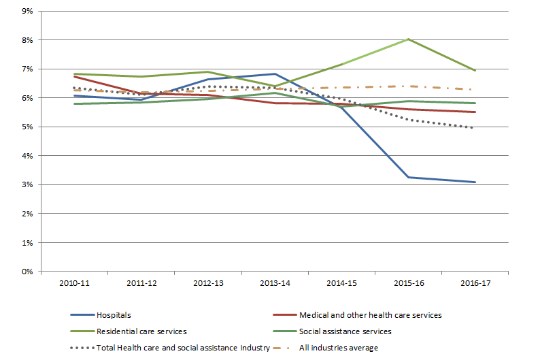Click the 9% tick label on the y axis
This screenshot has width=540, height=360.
tap(27, 12)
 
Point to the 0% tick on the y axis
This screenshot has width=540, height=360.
tap(27, 272)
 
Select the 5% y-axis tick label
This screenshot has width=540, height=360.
tap(27, 127)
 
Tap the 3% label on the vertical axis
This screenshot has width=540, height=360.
tap(27, 185)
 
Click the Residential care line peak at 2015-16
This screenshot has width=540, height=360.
tap(408, 39)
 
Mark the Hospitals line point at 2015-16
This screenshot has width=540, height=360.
tap(408, 177)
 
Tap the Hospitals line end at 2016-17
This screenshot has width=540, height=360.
tap(475, 182)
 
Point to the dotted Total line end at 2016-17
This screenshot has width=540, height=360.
tap(475, 128)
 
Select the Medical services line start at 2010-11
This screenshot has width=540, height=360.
tap(73, 77)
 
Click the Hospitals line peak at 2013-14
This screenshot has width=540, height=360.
tap(274, 74)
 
